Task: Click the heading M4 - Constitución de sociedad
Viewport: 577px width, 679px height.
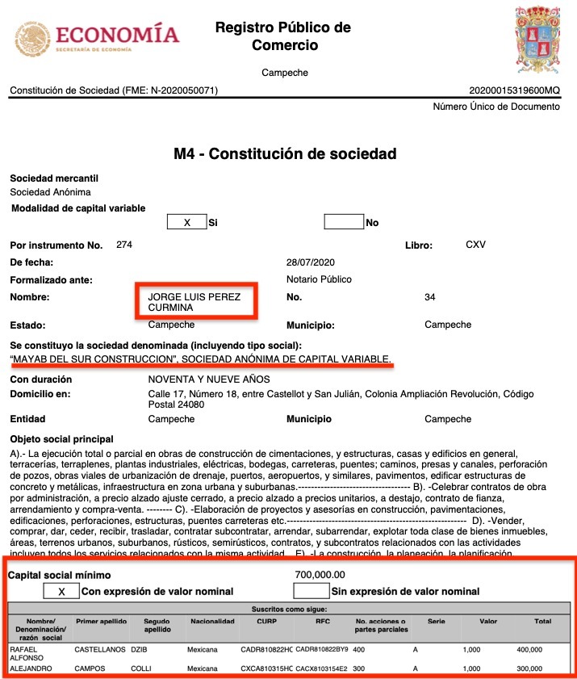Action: click(x=285, y=153)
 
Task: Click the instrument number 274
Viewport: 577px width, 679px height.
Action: click(x=124, y=244)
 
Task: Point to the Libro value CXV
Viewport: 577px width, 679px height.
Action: click(x=476, y=244)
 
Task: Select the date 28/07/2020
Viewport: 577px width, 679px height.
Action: click(x=310, y=262)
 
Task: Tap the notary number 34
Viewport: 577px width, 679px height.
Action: click(x=430, y=298)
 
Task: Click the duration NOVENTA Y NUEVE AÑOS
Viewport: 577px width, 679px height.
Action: click(x=209, y=379)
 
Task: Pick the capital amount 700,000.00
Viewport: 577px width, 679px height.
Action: click(x=321, y=575)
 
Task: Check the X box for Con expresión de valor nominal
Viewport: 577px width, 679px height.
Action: click(x=62, y=592)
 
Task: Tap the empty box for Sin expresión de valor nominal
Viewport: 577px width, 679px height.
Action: click(x=311, y=592)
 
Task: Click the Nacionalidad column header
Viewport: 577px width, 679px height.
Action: click(x=212, y=622)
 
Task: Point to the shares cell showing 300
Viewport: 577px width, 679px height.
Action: click(x=358, y=669)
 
